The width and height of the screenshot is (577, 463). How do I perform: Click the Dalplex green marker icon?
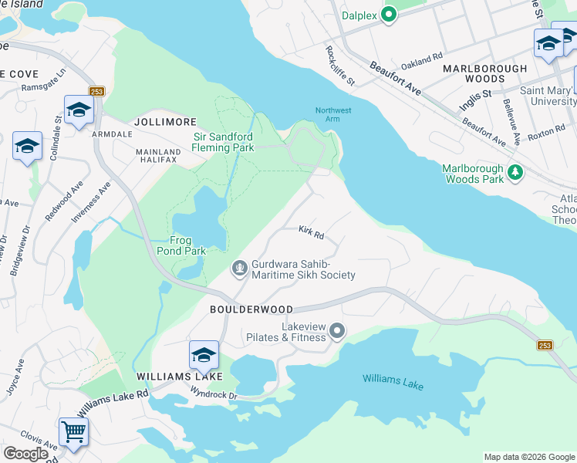(x=390, y=15)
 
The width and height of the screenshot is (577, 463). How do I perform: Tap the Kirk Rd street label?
(x=311, y=231)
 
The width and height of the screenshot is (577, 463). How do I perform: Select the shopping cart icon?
(x=73, y=431)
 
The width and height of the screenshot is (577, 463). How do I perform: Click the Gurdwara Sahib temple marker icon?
(x=240, y=268)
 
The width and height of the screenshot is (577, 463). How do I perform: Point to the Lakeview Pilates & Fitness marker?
(x=336, y=331)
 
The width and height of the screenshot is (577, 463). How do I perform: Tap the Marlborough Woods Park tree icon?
(x=515, y=174)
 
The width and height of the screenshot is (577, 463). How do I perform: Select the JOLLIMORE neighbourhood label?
(x=165, y=123)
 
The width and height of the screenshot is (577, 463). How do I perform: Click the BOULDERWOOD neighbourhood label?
(x=251, y=309)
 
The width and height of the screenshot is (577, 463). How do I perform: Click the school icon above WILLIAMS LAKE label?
(x=204, y=355)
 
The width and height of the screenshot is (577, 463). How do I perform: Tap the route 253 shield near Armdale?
(x=96, y=91)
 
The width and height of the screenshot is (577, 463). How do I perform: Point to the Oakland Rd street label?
(x=427, y=57)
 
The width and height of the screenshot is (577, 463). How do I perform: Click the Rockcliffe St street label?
(x=339, y=66)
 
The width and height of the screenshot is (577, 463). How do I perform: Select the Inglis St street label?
(x=475, y=95)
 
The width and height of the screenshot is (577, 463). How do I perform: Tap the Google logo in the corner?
(x=25, y=454)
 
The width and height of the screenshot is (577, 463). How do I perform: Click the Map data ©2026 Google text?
(x=528, y=457)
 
